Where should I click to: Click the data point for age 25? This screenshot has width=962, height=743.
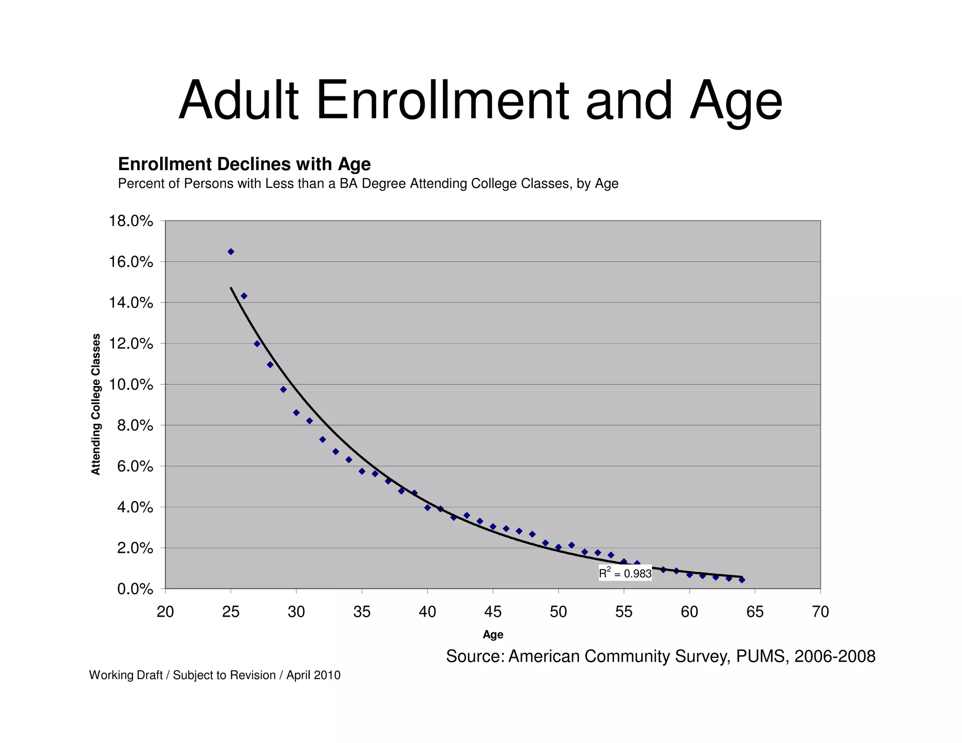[231, 252]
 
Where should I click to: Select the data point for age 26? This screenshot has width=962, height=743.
[244, 296]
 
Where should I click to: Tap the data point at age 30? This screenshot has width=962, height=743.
[296, 413]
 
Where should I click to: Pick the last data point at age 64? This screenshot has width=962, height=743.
[742, 580]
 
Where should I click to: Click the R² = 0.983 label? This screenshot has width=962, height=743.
[625, 573]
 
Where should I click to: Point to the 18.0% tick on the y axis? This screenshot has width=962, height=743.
[131, 221]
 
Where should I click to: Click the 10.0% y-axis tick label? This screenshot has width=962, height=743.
[131, 385]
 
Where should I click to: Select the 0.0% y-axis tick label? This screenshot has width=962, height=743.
[135, 589]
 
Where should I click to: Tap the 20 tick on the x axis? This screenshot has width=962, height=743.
[165, 612]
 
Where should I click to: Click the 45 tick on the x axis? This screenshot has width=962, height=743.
[493, 612]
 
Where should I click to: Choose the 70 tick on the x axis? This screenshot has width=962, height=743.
[820, 612]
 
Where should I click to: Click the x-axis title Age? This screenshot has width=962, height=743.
[493, 635]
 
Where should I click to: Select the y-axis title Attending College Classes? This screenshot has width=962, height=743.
[96, 404]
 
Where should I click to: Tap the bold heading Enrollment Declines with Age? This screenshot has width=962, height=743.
[244, 164]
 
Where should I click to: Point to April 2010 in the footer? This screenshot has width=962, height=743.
[313, 675]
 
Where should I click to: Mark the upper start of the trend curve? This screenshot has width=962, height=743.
[231, 288]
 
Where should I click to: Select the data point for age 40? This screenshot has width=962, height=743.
[427, 508]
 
